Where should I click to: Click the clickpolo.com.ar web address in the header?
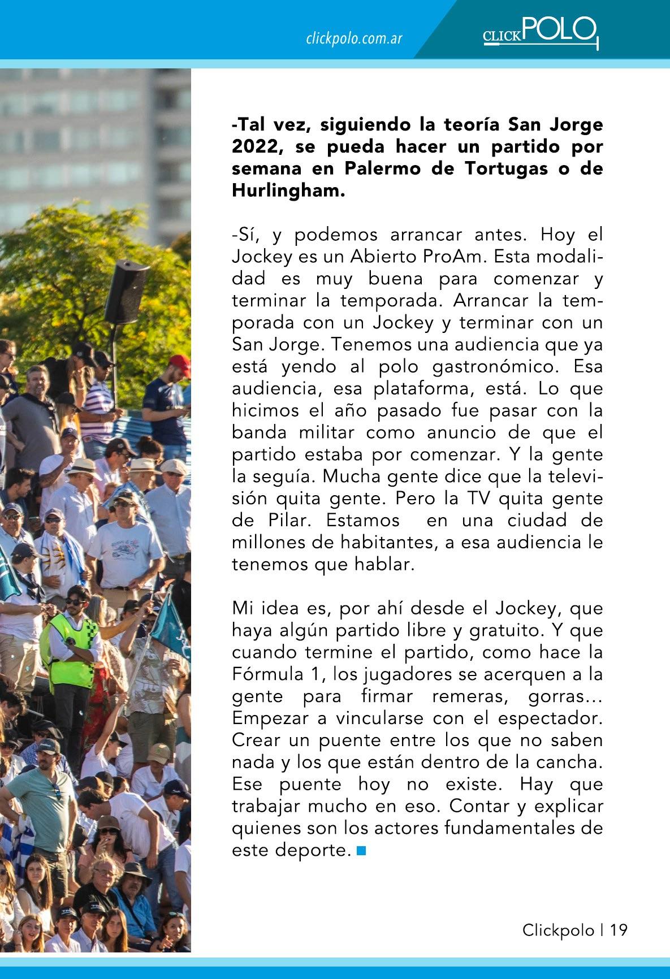tap(354, 38)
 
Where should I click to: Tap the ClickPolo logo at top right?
tap(540, 32)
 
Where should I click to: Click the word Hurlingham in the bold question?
tap(287, 190)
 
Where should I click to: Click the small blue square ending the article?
tap(362, 850)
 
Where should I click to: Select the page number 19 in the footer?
tap(619, 929)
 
